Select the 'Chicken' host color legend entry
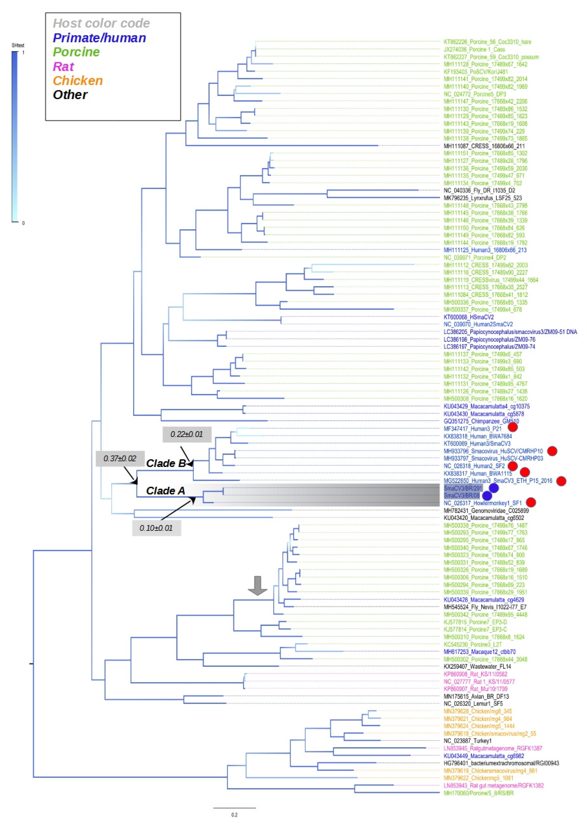(78, 80)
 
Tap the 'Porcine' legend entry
(76, 52)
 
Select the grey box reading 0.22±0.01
(187, 434)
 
